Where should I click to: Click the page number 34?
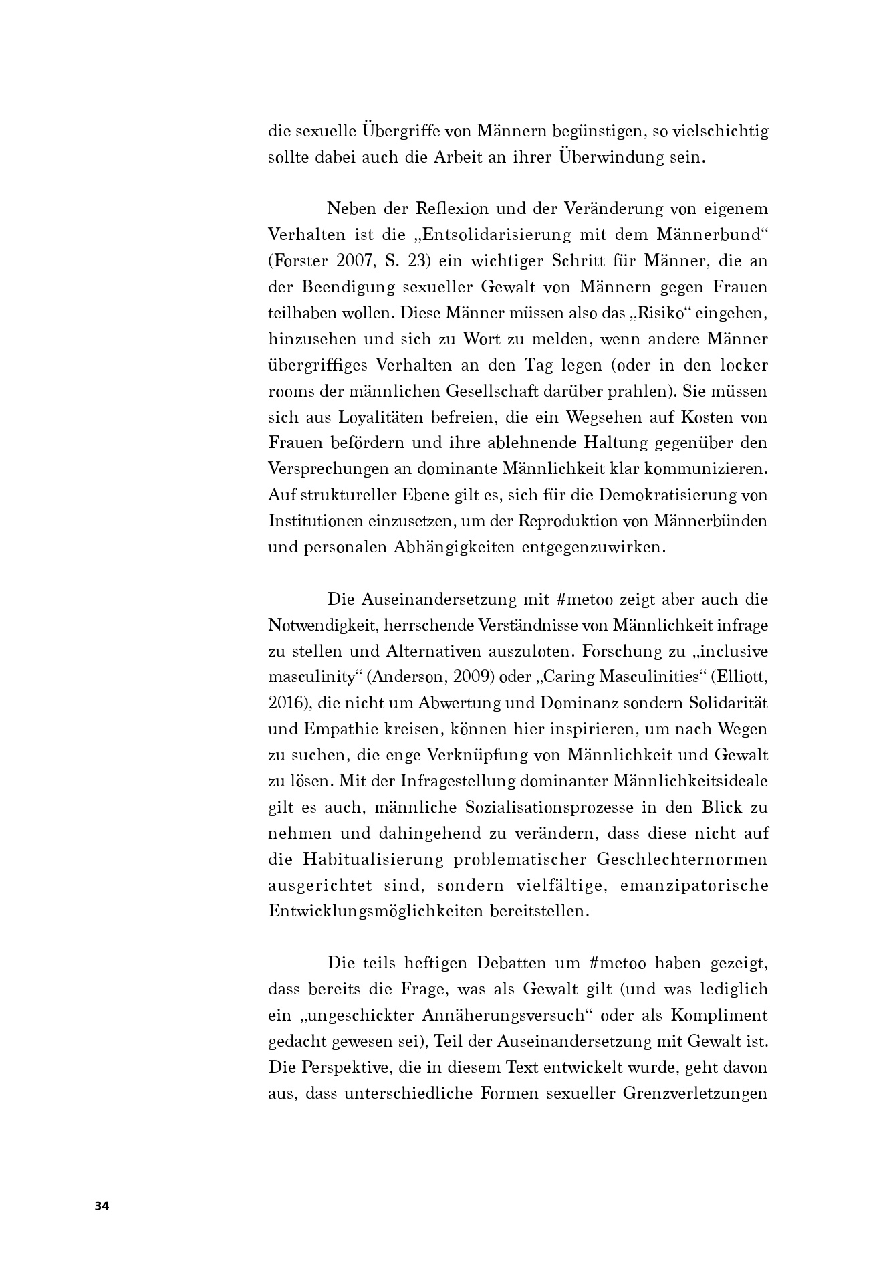point(102,1206)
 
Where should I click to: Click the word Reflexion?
point(452,209)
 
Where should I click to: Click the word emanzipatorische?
point(694,885)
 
